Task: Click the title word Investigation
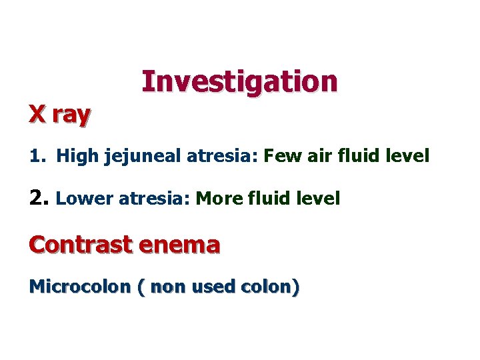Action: (x=239, y=82)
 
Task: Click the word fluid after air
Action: (x=354, y=157)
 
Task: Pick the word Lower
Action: (x=79, y=199)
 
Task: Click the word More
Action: (x=216, y=199)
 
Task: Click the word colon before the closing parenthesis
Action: (x=266, y=287)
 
